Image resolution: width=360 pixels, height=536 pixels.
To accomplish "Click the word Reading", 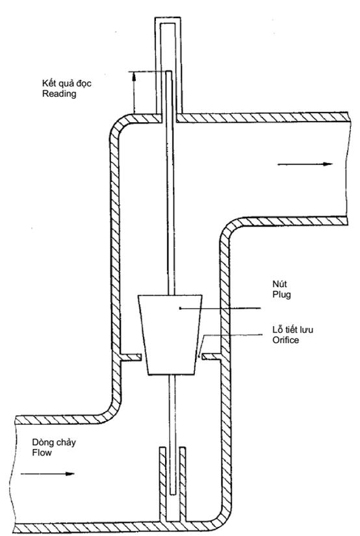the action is (59, 94).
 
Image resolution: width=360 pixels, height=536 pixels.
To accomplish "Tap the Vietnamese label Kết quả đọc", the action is (67, 83).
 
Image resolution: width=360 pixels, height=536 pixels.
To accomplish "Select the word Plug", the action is (282, 295).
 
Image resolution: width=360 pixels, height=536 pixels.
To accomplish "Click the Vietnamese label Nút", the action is (279, 284).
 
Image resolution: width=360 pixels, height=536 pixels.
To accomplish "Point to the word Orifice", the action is (285, 340).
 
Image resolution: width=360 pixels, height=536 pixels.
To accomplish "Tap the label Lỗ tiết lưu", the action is (292, 329).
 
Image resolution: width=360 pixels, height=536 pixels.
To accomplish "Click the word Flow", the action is (42, 453).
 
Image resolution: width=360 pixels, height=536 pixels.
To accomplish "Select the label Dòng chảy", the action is (54, 442).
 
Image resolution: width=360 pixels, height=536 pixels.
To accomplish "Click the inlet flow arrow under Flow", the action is (47, 474).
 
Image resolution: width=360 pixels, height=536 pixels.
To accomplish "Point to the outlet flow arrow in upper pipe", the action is (305, 164).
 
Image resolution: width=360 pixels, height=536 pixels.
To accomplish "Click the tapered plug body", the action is (170, 335).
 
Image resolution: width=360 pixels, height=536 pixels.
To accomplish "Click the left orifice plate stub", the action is (131, 357).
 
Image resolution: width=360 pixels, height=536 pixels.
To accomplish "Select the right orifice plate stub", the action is (212, 357).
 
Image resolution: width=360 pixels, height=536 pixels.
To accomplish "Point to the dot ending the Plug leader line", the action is (180, 309).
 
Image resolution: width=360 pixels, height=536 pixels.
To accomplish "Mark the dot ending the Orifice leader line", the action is (199, 357).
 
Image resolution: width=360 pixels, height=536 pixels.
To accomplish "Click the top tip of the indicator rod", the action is (168, 71).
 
